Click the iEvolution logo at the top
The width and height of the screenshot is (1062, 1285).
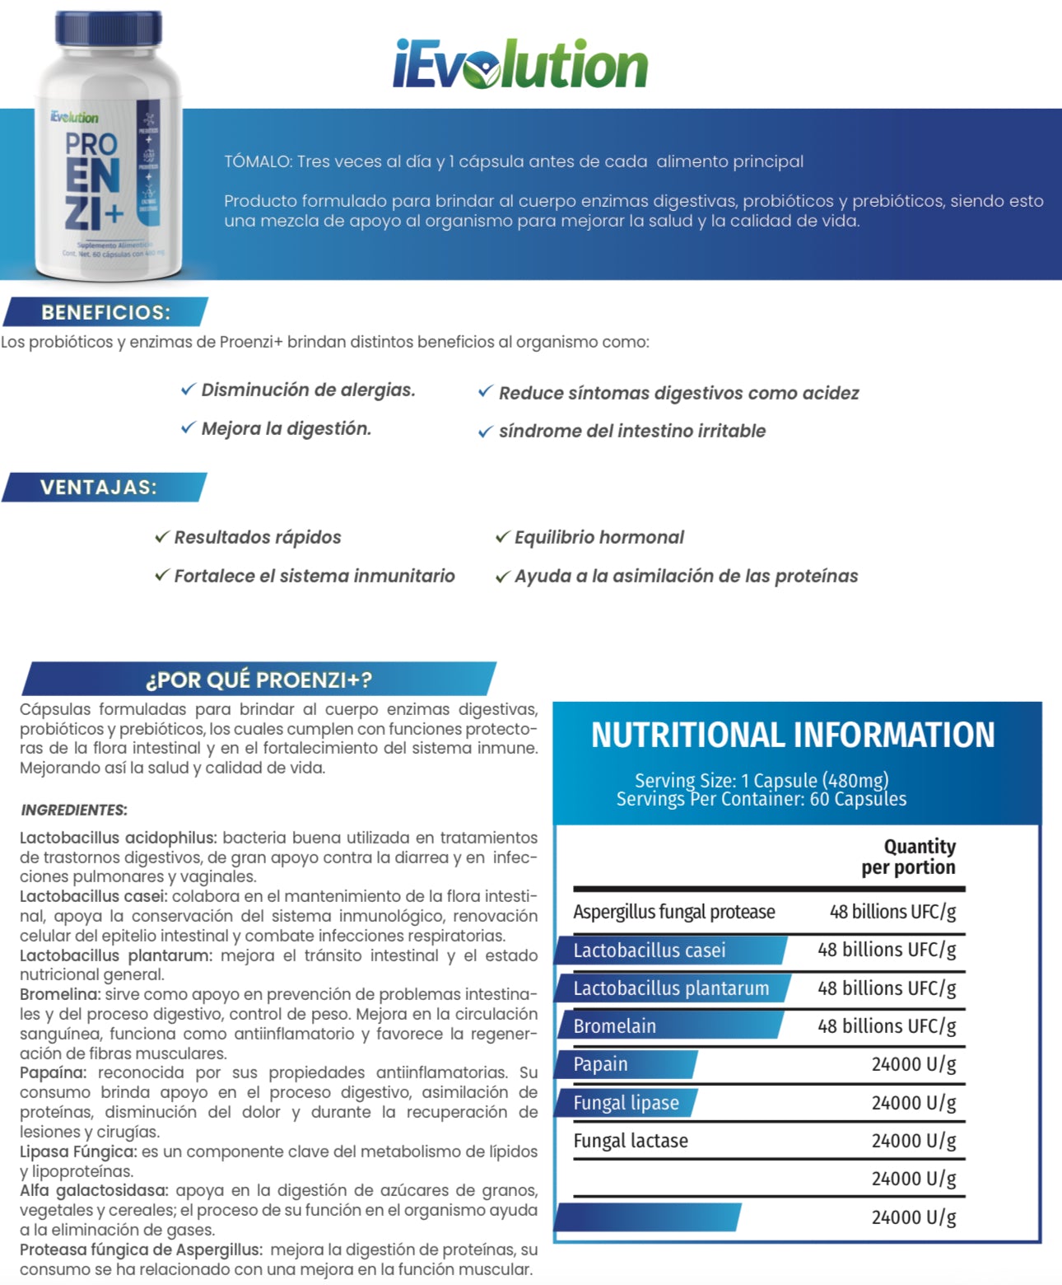click(x=520, y=64)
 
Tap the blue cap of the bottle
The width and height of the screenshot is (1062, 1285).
click(x=109, y=30)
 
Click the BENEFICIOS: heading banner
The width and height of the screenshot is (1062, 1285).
click(x=105, y=312)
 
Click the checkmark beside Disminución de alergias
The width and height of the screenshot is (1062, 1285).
click(x=188, y=389)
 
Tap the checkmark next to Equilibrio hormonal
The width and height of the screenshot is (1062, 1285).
click(x=502, y=537)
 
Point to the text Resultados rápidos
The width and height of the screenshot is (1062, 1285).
click(x=257, y=537)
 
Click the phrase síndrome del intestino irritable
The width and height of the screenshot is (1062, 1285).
click(x=631, y=431)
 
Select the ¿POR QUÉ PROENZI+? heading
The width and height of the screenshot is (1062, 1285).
click(x=259, y=680)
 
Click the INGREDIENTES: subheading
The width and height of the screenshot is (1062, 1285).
click(x=74, y=810)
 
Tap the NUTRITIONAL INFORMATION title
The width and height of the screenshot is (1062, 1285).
click(x=793, y=735)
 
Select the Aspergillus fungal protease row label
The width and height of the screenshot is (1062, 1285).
click(x=673, y=912)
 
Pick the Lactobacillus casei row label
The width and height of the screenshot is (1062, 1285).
click(x=650, y=951)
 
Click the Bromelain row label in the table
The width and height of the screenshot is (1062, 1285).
click(x=615, y=1026)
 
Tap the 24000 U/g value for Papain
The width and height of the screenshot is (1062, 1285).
click(x=913, y=1064)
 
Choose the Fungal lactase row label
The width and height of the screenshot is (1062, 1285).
click(x=631, y=1141)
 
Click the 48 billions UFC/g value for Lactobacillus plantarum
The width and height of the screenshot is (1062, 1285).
click(x=886, y=988)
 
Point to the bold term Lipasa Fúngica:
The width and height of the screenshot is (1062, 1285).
click(x=77, y=1152)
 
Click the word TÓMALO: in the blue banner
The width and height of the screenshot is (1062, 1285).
click(x=257, y=161)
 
